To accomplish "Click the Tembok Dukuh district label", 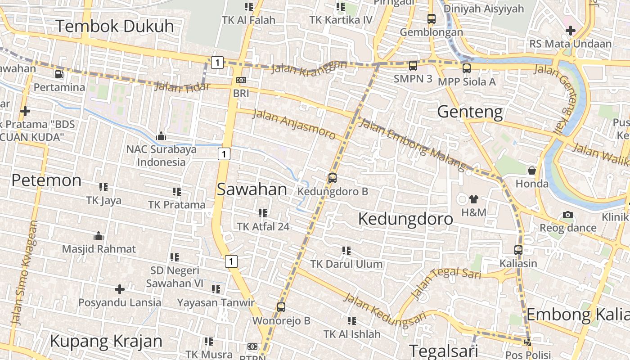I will coord(115,26).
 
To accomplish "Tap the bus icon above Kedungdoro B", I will coord(333,178).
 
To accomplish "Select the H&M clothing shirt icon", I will coord(473,199).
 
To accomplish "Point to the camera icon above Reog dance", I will coord(568,215).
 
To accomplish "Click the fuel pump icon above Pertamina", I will coord(59,74).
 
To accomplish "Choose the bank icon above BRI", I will coord(241,80).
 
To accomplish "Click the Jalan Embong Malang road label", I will coord(412,144).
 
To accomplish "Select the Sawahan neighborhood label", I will coord(252,189).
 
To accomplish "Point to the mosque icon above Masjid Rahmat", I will coord(99,236).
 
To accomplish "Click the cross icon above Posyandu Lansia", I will coord(120,289).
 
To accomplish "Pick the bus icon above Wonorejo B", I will coord(281,307).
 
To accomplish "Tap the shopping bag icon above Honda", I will coord(532,171).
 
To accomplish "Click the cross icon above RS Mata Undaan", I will coord(571,31).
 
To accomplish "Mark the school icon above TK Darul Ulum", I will coord(346,250).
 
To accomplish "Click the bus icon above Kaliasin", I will coord(518,250).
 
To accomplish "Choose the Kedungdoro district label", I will coord(405,219).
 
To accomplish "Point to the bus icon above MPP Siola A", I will coord(467,68).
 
